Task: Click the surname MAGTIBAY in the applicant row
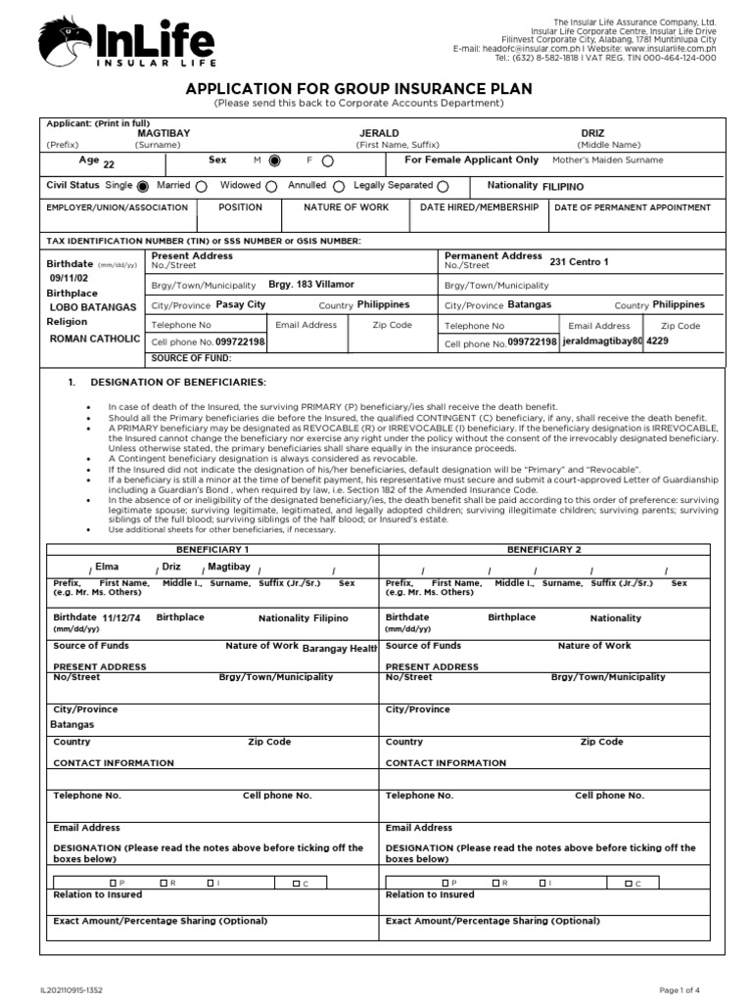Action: (164, 132)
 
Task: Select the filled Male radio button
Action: (275, 160)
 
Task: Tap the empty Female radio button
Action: (327, 160)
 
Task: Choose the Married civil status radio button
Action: (202, 186)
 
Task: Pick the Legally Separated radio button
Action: (444, 186)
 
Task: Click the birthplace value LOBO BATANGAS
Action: (93, 307)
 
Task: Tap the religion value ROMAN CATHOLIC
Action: (95, 338)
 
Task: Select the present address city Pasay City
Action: (240, 305)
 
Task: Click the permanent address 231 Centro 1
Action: (579, 261)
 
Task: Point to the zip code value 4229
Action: (658, 342)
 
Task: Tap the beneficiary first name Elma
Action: (107, 567)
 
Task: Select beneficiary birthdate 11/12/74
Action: (121, 618)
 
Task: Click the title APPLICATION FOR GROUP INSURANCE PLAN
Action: (358, 89)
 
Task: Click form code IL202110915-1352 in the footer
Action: (71, 990)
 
